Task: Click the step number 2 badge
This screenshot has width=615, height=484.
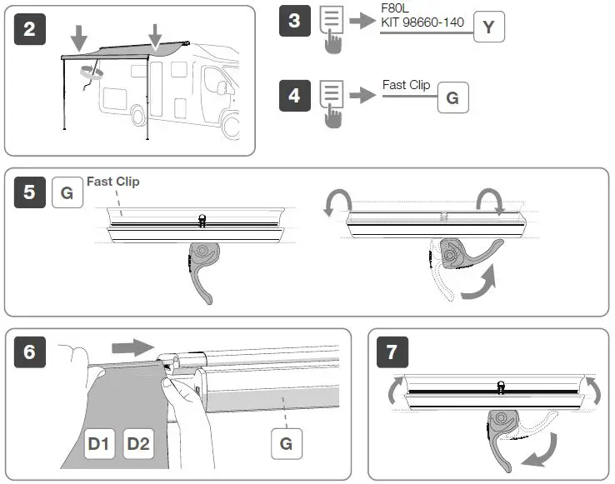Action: coord(30,30)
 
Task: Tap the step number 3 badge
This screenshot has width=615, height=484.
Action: coord(294,20)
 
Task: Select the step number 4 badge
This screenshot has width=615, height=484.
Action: coord(294,96)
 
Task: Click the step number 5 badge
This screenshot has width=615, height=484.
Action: coord(30,192)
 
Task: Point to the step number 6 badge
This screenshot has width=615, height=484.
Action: coord(30,352)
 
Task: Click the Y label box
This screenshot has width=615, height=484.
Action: coord(489,27)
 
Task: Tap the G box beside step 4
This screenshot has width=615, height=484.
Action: coord(452,98)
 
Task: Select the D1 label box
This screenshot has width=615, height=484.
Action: coord(100,444)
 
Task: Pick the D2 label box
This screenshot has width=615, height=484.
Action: coord(138,444)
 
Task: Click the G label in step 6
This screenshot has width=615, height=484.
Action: coord(286,444)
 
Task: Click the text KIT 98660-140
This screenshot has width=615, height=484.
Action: coord(422,22)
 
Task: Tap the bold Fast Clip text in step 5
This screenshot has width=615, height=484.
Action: coord(113,182)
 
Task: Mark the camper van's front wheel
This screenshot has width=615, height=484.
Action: coord(233,126)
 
